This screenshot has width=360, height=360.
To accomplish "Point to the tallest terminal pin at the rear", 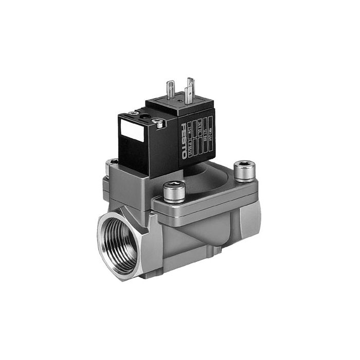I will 191,85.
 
